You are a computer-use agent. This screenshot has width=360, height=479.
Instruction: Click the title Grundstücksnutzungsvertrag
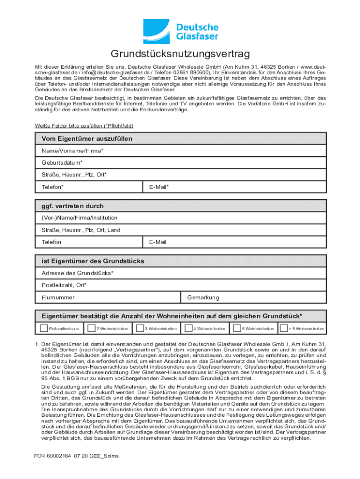(180, 54)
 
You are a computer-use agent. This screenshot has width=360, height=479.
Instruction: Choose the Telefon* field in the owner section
(89, 187)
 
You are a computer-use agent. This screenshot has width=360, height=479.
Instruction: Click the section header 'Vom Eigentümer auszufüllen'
(87, 138)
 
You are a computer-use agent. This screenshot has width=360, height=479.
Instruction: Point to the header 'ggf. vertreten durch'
(72, 206)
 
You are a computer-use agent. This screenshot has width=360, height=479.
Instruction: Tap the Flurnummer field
(108, 298)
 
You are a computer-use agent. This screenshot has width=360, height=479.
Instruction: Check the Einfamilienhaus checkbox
(43, 329)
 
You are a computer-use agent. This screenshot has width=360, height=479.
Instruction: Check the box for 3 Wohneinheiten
(139, 329)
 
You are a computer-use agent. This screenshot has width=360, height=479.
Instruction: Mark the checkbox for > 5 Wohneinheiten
(283, 329)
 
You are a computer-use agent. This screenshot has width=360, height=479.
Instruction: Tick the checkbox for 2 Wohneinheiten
(92, 329)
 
